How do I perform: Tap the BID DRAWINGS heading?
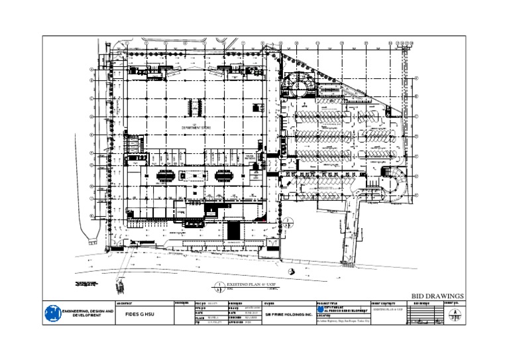click(x=437, y=296)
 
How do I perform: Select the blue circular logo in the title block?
click(x=52, y=313)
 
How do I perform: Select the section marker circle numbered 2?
click(x=287, y=223)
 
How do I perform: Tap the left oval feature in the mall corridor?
click(x=166, y=176)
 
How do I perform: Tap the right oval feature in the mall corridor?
click(x=223, y=176)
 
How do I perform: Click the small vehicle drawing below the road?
click(x=121, y=285)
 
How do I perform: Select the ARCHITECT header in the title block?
click(x=124, y=303)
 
